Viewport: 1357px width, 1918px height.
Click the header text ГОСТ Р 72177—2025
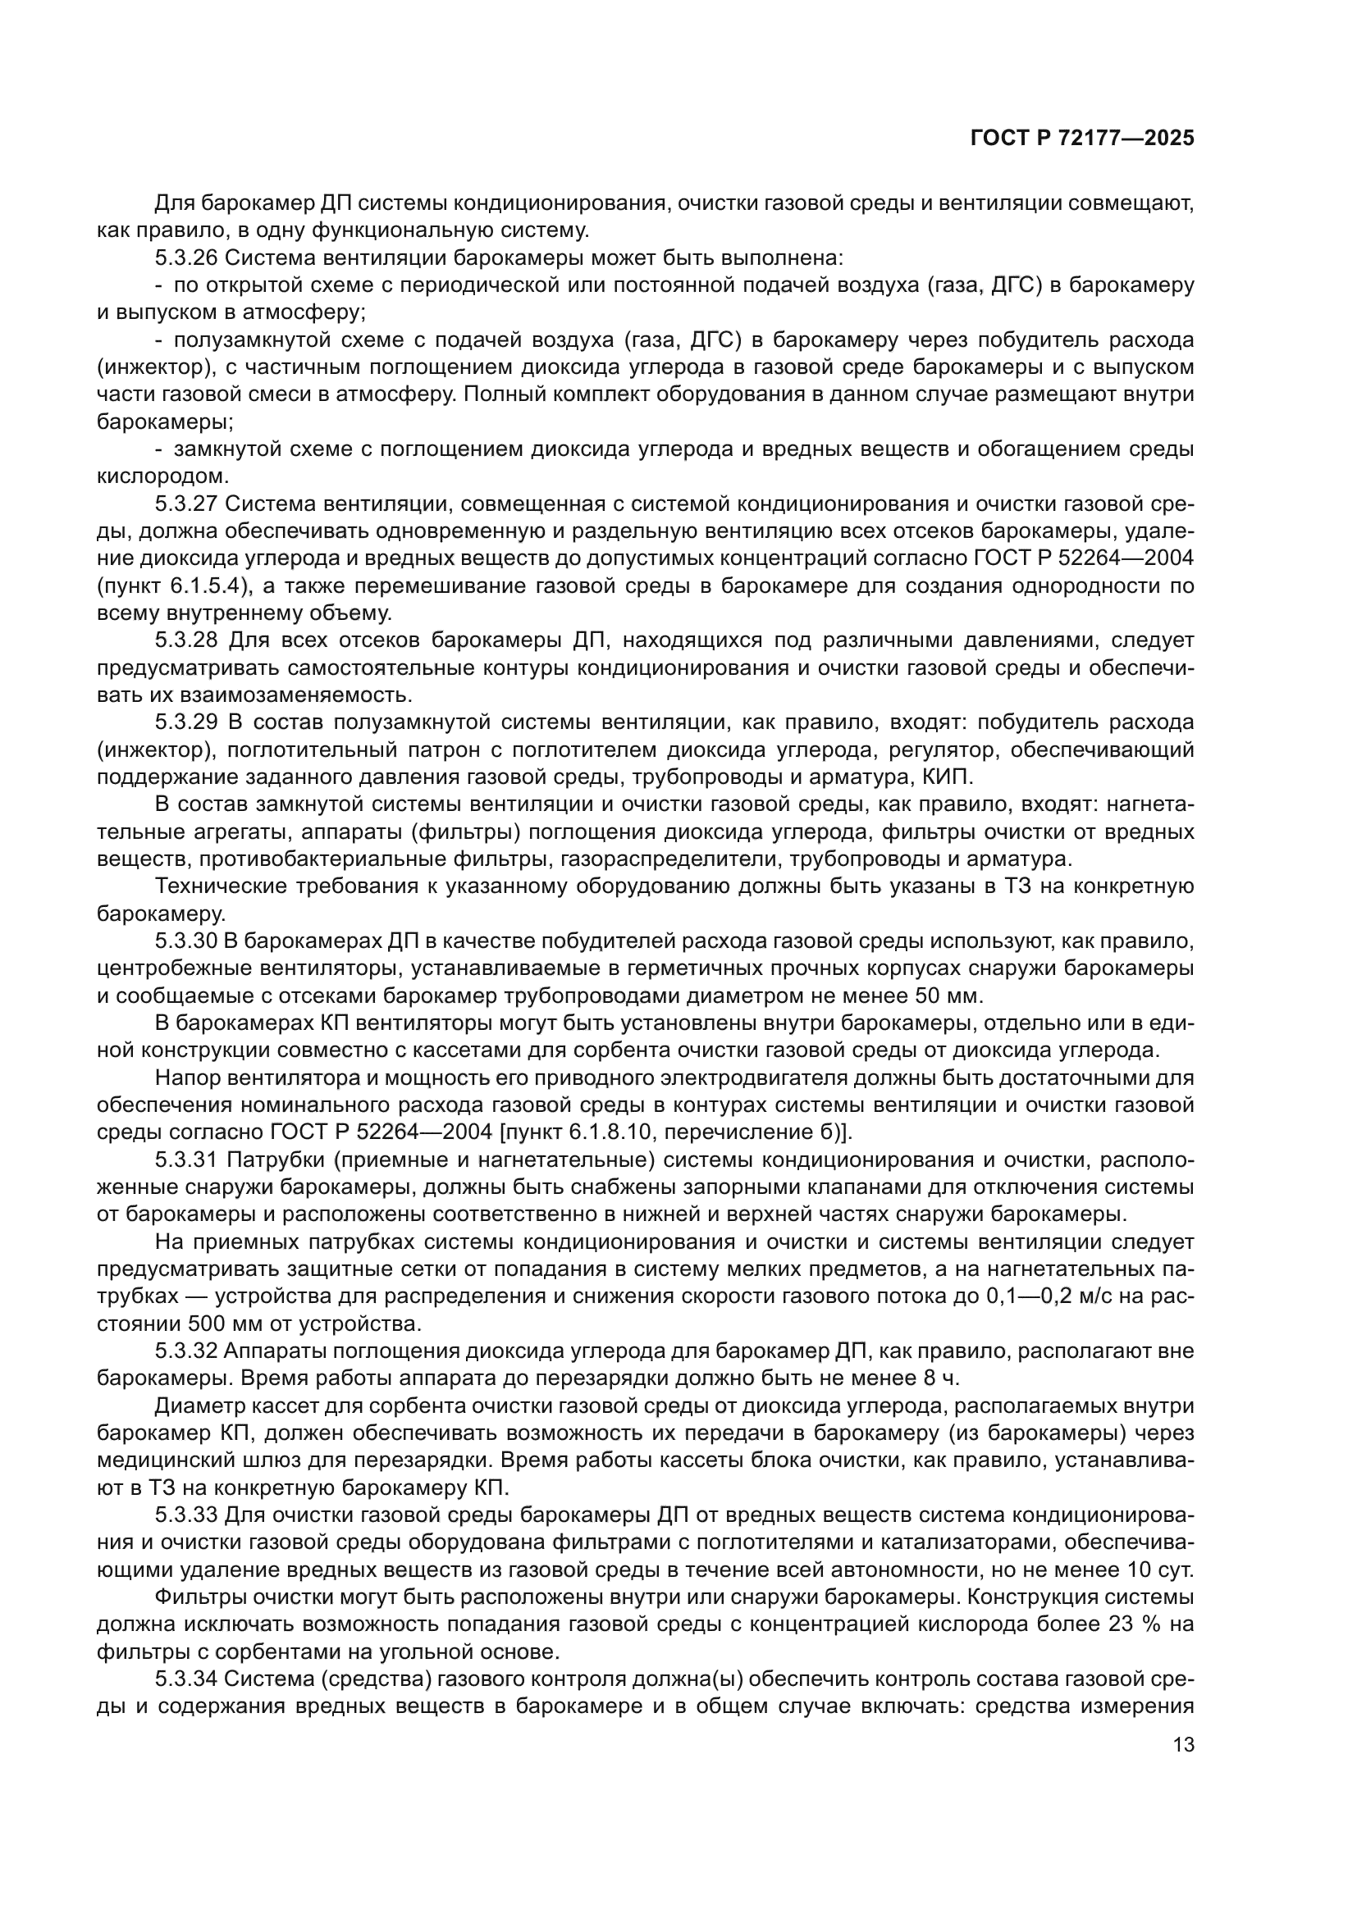coord(1082,139)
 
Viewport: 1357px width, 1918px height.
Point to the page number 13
coord(1183,1745)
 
